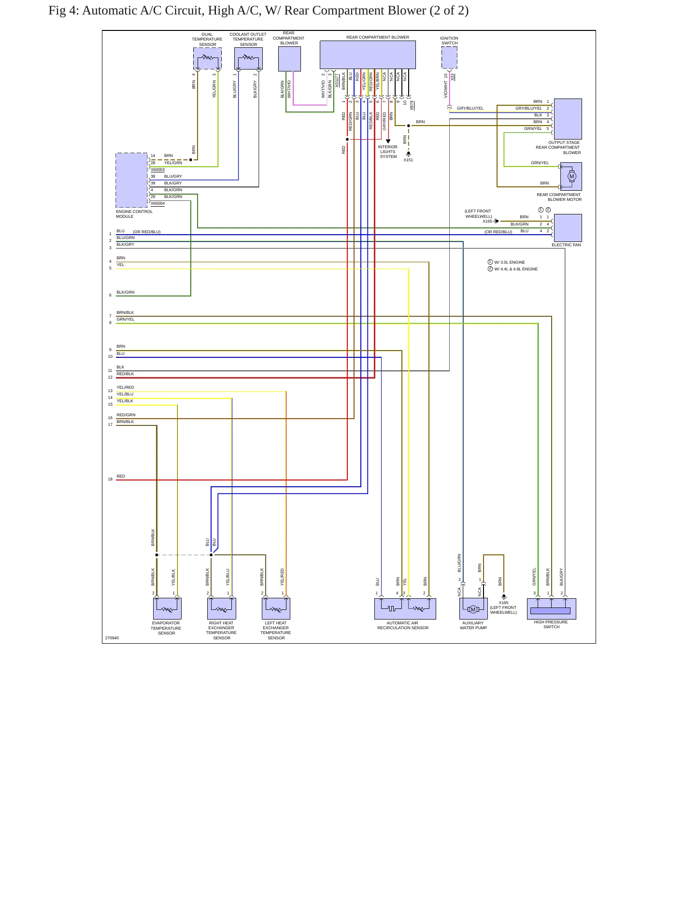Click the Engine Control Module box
(132, 180)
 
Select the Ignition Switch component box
(449, 58)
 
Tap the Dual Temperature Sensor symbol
(207, 58)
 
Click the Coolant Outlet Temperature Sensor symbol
(248, 58)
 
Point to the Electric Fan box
(568, 228)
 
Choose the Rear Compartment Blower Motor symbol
(571, 176)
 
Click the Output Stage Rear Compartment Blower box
(568, 119)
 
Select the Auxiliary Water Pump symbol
(473, 608)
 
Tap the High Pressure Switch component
(551, 608)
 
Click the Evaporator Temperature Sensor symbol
(167, 608)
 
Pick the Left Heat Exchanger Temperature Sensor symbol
(276, 608)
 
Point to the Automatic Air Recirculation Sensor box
(405, 608)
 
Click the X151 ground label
(408, 160)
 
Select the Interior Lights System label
(388, 152)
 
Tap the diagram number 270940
(112, 638)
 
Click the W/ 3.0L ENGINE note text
(510, 262)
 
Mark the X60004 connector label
(157, 203)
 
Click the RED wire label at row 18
(121, 476)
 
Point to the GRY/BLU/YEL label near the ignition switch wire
(470, 108)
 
